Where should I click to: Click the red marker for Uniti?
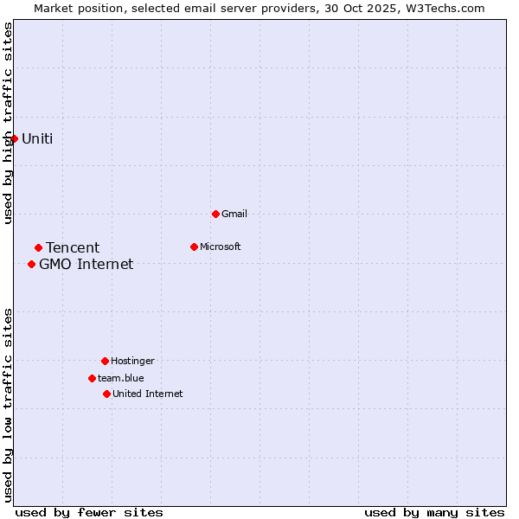(14, 138)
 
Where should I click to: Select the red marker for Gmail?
(215, 214)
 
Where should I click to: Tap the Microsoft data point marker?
(194, 247)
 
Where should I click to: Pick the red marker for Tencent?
(38, 248)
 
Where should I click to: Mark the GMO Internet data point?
(31, 264)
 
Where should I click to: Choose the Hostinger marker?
(105, 361)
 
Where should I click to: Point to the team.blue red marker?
(92, 378)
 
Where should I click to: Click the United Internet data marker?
(106, 394)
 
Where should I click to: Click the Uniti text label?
(37, 138)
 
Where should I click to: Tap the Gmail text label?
(234, 214)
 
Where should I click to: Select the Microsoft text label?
(220, 247)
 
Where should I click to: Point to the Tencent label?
(73, 248)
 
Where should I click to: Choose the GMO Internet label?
(86, 264)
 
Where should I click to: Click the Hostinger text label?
(132, 361)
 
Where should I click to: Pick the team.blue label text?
(121, 378)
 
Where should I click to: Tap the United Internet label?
(147, 394)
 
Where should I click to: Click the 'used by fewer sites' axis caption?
(89, 512)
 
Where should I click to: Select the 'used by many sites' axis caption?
(434, 512)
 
